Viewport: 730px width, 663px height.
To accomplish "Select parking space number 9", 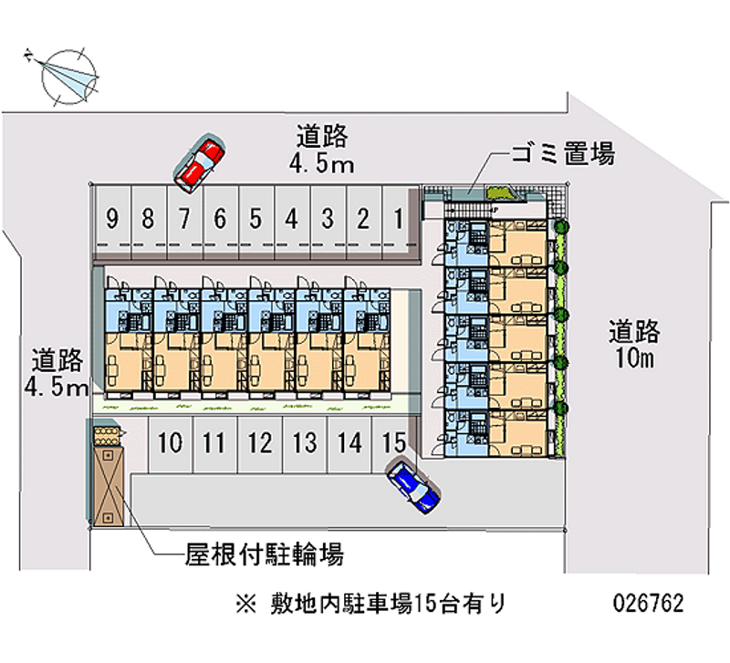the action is coord(112,219).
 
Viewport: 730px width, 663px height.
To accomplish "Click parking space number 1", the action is coord(399,219).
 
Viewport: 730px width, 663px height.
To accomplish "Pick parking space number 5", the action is coord(255,219).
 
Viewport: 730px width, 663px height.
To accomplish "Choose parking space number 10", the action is coord(170,444).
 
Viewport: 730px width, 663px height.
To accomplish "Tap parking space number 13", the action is coord(305,444).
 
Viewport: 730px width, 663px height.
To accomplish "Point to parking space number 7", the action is coord(183,219).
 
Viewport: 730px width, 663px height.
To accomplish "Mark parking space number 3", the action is coord(327,219).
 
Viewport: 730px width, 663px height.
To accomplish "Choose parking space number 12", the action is coord(260,444).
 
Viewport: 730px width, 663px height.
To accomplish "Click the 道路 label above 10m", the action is coord(634,330).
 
